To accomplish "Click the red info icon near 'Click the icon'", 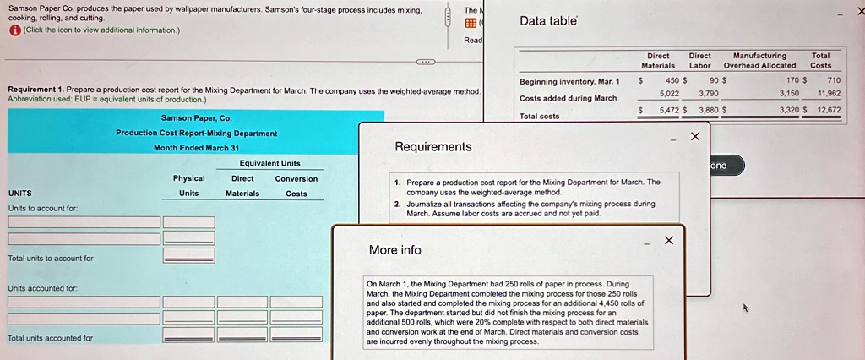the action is click(x=14, y=30).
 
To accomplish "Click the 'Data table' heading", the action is click(x=548, y=21).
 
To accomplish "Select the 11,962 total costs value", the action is click(x=829, y=94).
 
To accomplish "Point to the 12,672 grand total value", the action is click(x=830, y=110).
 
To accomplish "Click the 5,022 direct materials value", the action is click(x=669, y=94).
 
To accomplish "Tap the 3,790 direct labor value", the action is click(x=709, y=94).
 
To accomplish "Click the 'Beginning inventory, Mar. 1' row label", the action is click(x=569, y=82).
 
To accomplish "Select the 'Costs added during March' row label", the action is click(x=569, y=98).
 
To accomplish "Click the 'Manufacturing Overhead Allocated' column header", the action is click(x=759, y=60).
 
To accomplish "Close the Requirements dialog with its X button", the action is click(x=695, y=136).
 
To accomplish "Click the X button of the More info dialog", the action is click(x=669, y=240).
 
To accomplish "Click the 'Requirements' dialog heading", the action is click(x=433, y=147).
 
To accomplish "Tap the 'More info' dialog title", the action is click(x=395, y=250).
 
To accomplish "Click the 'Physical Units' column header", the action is click(x=188, y=186).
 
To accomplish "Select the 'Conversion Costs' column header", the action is click(x=296, y=186).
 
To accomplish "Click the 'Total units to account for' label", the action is click(x=51, y=259).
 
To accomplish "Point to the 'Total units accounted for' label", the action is click(x=50, y=338).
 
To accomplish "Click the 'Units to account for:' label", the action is click(x=42, y=209).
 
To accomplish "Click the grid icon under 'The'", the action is click(x=470, y=23).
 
